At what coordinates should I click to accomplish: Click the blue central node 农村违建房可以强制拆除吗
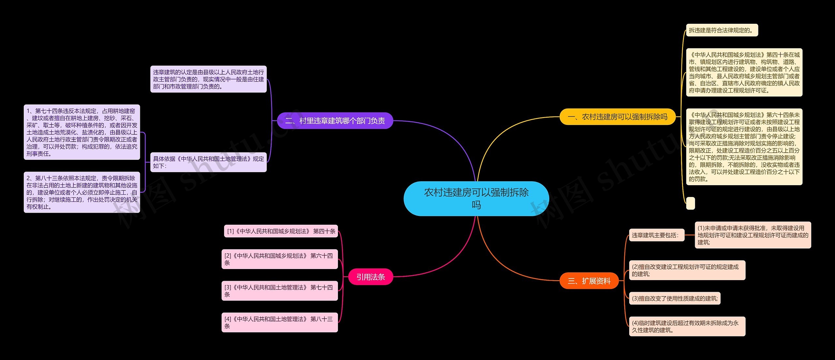coord(476,199)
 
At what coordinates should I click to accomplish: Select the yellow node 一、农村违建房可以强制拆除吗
coord(617,117)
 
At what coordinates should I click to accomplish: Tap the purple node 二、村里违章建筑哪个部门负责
coord(335,121)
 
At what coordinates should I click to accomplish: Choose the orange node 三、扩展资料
coord(589,281)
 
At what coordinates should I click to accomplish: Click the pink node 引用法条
coord(371,277)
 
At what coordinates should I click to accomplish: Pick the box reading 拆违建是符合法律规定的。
coord(722,30)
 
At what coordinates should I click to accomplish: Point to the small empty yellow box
coord(691,203)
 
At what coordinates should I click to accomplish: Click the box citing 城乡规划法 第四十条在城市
coord(744,73)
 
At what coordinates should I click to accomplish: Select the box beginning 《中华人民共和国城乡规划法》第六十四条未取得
coord(744,147)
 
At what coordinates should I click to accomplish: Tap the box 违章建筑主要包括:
coord(656,235)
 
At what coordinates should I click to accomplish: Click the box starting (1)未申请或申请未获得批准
coord(752,235)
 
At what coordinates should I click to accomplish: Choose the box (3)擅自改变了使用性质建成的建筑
coord(675,298)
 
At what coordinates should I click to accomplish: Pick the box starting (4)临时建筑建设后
coord(687,326)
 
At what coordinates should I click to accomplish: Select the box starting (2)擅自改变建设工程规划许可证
coord(687,270)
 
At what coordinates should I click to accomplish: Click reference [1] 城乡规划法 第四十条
coord(281,231)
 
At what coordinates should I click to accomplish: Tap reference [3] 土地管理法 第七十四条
coord(280,291)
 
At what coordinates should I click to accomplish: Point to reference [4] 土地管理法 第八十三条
coord(280,322)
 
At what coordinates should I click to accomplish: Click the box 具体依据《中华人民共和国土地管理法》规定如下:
coord(208,162)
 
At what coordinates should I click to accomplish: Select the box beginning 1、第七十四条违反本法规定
coord(82,132)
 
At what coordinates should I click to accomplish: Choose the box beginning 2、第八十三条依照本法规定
coord(82,192)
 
